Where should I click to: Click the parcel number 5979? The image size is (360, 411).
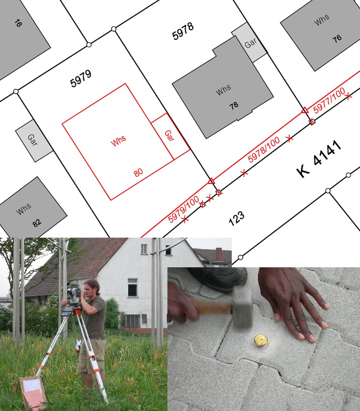pos(81,78)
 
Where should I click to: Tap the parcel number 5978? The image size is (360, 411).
pos(183,31)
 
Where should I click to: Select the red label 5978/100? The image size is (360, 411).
pos(263,150)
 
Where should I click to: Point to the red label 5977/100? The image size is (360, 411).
pos(329,100)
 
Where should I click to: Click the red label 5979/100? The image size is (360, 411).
pos(184,209)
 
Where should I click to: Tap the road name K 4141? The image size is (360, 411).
pos(319,159)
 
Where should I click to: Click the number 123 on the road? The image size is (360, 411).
pos(236,218)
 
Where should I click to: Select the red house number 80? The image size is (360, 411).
pos(138,172)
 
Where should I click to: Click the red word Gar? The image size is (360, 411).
pos(169,136)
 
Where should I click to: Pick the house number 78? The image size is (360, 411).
pos(234,106)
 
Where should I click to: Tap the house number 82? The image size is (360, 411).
pos(37,223)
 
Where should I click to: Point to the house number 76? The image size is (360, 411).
pos(337,38)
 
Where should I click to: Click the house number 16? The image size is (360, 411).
pos(18,23)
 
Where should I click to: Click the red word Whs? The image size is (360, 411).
pos(118,141)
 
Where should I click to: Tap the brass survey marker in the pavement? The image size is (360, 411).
pos(261,341)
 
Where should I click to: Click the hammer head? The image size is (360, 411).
pos(242,306)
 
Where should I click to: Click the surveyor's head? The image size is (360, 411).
pos(91,288)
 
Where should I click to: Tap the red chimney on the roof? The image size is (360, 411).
pos(219,254)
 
